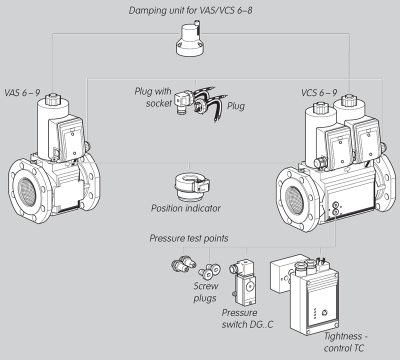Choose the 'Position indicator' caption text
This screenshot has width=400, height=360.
185,208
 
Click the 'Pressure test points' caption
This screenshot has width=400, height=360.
188,238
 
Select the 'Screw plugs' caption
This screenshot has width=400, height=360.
205,292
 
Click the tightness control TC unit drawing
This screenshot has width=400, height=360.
310,295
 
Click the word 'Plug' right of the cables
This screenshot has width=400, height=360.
235,106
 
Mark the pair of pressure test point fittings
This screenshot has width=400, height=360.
179,264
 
